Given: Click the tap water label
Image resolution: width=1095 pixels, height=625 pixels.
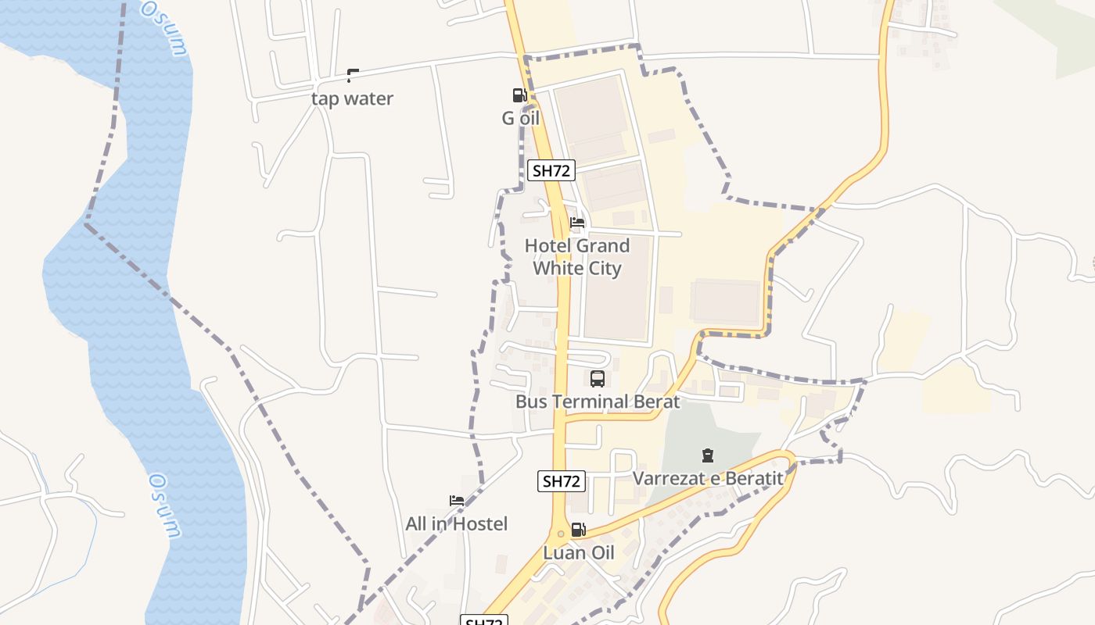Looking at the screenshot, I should [352, 99].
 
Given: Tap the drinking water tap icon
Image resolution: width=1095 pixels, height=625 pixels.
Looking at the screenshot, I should [352, 76].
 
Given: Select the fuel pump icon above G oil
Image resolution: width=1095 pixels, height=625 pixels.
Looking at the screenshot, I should [519, 95].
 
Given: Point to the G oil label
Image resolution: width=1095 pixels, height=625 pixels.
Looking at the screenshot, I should [520, 119].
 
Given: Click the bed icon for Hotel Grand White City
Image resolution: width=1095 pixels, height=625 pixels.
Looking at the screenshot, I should [577, 223].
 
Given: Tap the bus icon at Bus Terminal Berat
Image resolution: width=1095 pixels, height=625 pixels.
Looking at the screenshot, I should [598, 379].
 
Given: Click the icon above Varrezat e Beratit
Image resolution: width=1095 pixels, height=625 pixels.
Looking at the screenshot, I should [708, 455].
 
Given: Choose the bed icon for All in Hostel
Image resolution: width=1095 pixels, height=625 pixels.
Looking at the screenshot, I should [457, 501].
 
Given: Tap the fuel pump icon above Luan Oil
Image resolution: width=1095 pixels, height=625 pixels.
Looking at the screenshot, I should [577, 530].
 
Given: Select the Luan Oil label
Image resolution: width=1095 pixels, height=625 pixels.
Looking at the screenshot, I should [579, 553].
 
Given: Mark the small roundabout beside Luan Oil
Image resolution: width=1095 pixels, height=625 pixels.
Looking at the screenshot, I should [560, 534].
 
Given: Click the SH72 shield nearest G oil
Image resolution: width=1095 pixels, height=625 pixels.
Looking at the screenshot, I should [551, 170].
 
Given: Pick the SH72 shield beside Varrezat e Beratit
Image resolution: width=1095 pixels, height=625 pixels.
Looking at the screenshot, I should [562, 481].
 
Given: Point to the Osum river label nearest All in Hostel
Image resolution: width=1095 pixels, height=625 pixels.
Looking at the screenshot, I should [164, 504].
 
